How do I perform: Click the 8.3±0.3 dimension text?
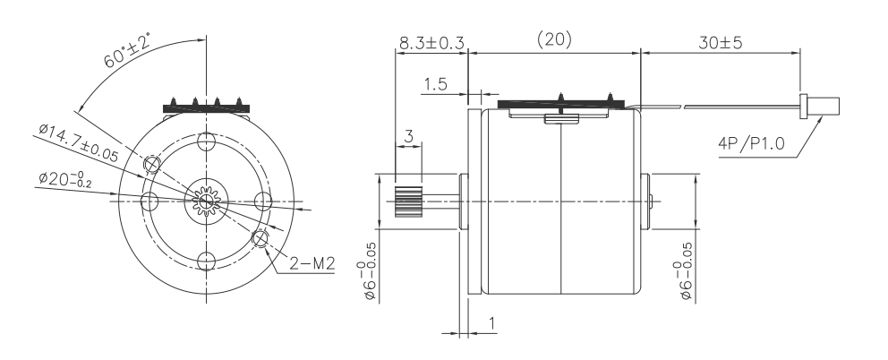429,41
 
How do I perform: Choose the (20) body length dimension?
554,40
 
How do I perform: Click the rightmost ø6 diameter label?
687,269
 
